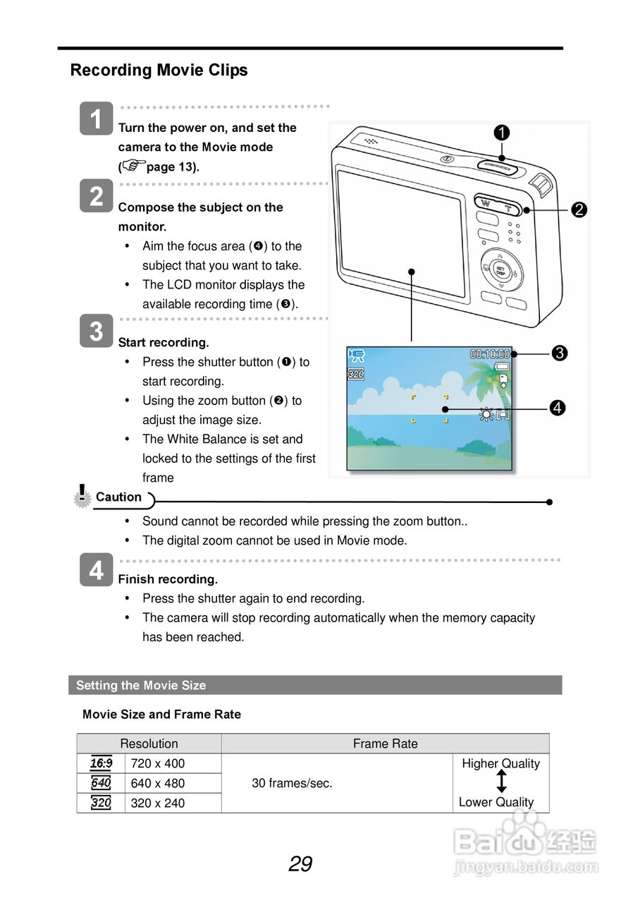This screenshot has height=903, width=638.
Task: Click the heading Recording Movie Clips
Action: (159, 71)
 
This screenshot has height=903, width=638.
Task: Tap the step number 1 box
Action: (97, 118)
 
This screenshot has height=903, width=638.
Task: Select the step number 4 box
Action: (97, 570)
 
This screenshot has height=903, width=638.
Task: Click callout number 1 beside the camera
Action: (502, 133)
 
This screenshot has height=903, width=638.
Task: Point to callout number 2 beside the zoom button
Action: (579, 210)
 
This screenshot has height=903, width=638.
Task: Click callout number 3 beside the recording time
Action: (560, 353)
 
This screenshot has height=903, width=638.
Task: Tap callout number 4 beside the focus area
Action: (557, 408)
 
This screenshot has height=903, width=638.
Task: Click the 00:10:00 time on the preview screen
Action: (490, 354)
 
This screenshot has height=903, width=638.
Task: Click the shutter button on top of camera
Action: (498, 166)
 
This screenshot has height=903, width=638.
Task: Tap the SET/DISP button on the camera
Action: (500, 270)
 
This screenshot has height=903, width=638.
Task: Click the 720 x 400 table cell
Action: (158, 763)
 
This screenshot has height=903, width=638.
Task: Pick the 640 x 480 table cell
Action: (158, 783)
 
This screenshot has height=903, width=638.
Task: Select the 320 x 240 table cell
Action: (158, 803)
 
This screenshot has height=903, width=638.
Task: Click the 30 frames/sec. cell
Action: (292, 783)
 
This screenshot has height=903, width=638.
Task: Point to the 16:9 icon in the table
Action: (101, 763)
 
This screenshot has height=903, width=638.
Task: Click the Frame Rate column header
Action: (385, 744)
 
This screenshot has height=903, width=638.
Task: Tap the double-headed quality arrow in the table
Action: (501, 782)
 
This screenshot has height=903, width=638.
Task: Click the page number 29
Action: (300, 863)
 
